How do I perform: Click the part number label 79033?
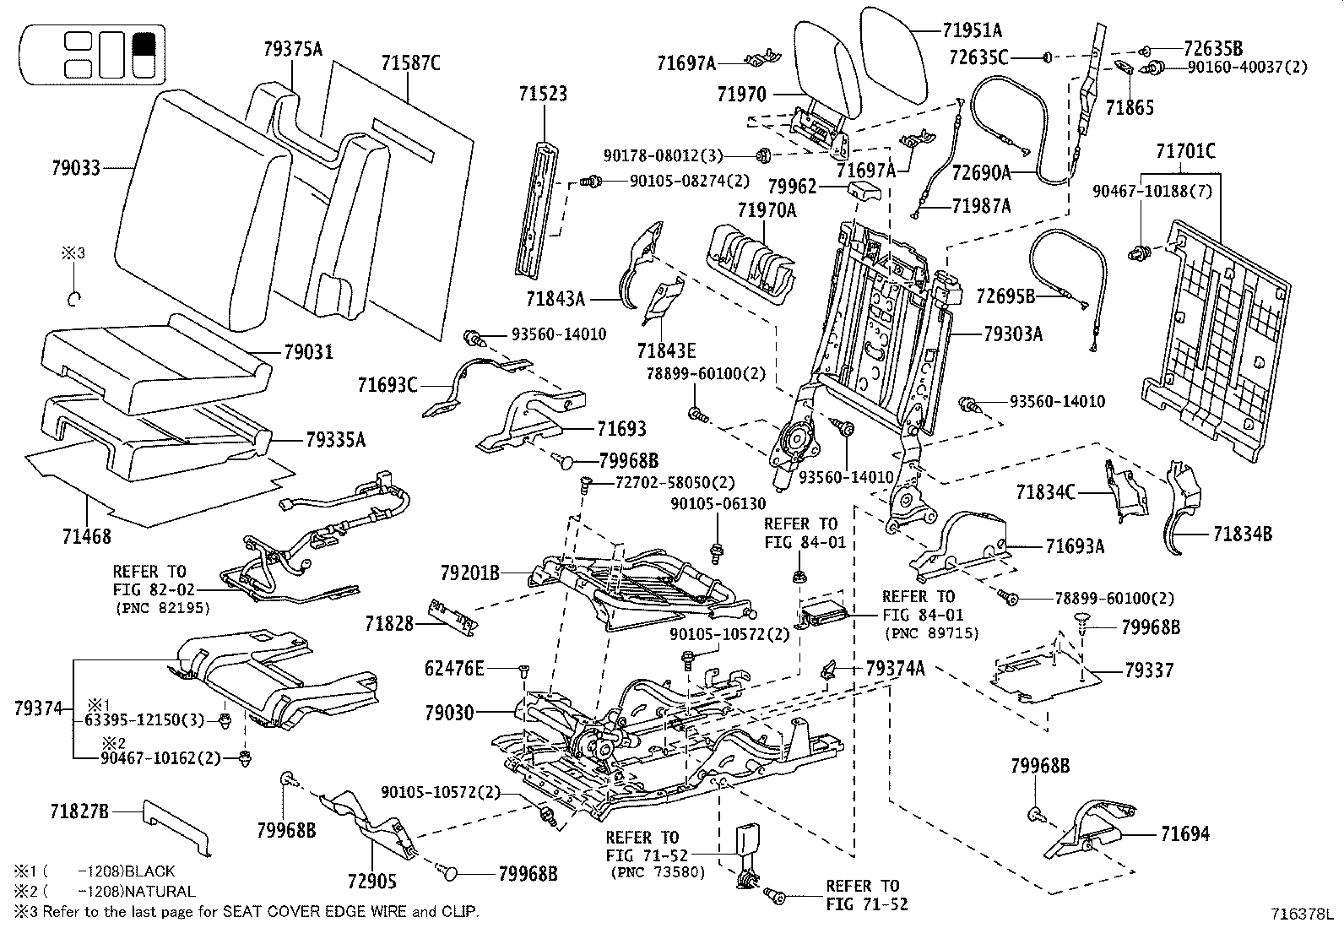click(75, 168)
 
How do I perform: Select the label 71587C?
click(410, 63)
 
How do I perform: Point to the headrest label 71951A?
click(973, 31)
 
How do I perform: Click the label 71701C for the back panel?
click(1185, 152)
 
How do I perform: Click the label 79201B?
click(469, 574)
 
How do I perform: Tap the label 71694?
click(1184, 834)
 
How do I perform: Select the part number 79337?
click(1149, 670)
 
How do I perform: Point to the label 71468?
click(86, 535)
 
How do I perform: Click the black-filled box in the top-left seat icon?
click(144, 43)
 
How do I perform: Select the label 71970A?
click(767, 210)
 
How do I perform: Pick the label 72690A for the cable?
click(981, 173)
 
